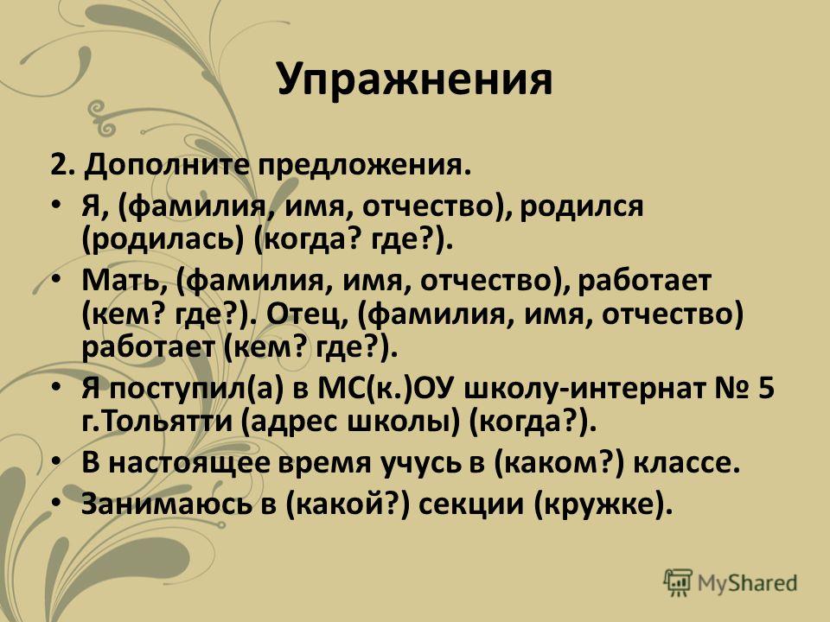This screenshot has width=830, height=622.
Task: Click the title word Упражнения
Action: tap(415, 79)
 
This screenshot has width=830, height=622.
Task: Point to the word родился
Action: tap(581, 206)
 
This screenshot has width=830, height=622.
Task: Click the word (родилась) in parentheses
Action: tap(163, 239)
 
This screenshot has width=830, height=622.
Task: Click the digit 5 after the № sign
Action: tap(766, 390)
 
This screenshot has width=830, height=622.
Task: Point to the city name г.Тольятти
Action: tap(157, 422)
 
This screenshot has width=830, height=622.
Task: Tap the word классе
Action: tap(686, 463)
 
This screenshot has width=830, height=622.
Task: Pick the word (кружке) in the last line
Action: tap(603, 505)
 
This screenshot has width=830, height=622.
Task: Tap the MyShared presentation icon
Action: tap(678, 582)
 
